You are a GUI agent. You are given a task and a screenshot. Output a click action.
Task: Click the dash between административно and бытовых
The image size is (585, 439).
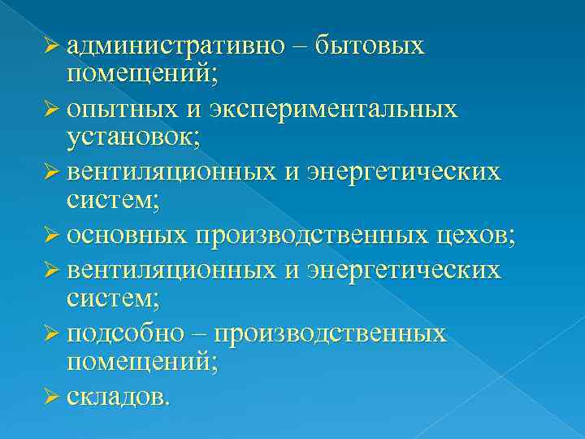coord(299,47)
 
